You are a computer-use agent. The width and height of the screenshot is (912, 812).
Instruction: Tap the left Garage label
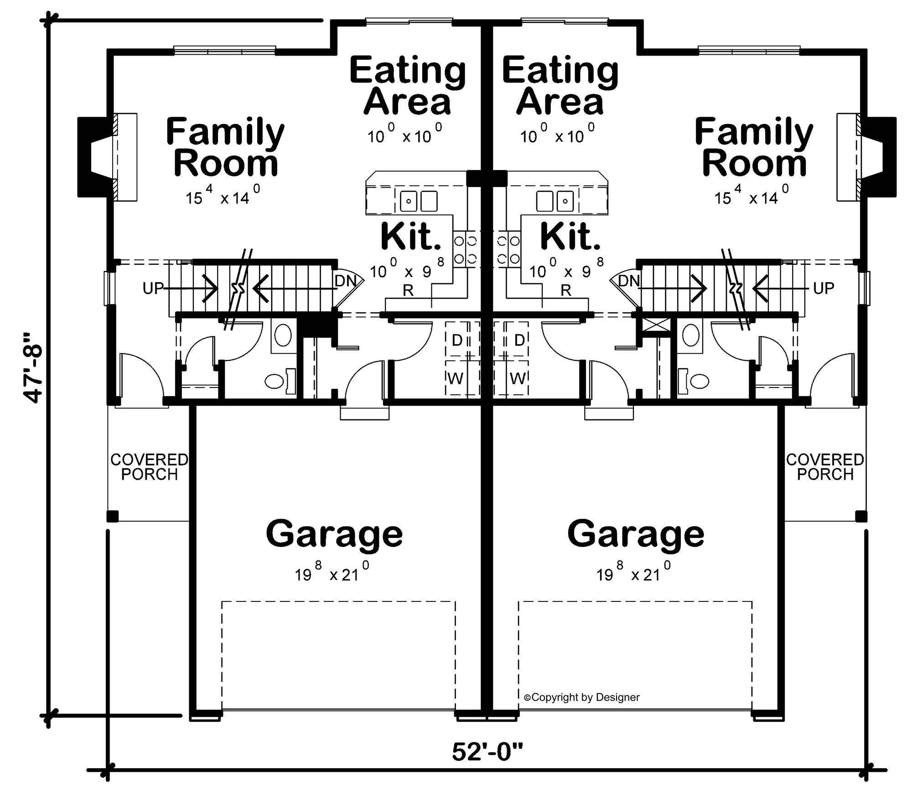334,533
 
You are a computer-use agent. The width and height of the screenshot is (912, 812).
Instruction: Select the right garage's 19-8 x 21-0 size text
633,574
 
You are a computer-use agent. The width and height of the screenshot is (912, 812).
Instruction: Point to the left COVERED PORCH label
149,467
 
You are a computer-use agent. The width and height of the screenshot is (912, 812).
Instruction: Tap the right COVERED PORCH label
825,467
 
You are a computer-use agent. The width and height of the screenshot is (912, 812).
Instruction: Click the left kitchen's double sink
419,201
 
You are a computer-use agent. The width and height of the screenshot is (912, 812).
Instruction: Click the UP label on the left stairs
153,288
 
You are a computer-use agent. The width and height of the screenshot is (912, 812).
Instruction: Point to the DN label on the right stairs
629,281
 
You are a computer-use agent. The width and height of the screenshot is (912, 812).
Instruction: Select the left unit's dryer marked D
457,340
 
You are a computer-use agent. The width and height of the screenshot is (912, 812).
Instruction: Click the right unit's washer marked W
518,378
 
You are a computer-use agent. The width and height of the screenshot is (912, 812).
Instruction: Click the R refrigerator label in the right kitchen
566,290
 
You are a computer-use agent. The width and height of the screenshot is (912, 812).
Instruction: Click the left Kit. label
411,236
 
